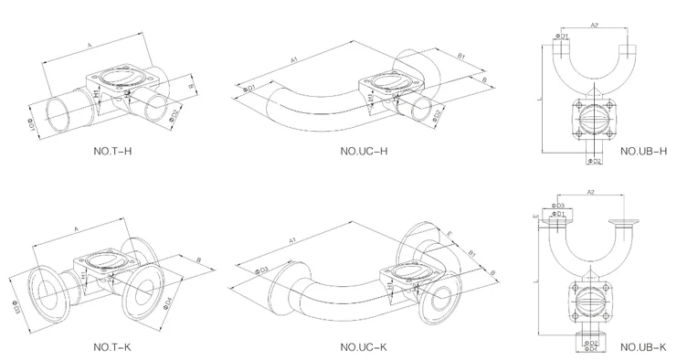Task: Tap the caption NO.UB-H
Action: [x=643, y=151]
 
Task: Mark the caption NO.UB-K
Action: [x=643, y=347]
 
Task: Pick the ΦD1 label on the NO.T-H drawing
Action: [x=34, y=122]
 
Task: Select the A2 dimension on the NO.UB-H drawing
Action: [x=594, y=26]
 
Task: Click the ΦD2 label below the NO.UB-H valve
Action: [x=593, y=162]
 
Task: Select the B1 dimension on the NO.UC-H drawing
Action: [x=461, y=57]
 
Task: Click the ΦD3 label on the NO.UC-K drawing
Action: [x=263, y=270]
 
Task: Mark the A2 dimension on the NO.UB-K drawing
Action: [x=591, y=193]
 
